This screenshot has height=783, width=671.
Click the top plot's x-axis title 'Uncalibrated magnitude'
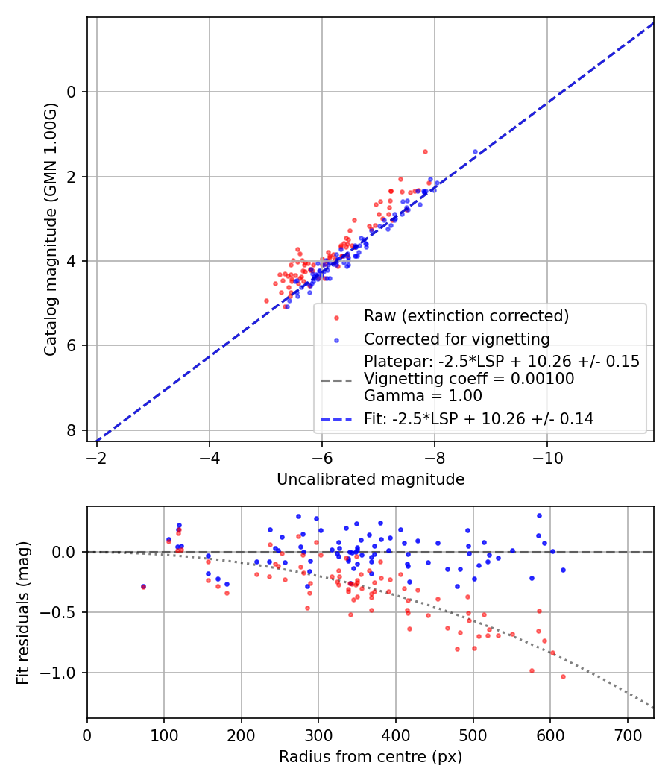point(371,479)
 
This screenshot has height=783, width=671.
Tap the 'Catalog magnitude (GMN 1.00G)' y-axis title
point(51,230)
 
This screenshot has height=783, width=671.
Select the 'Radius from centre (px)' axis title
point(371,757)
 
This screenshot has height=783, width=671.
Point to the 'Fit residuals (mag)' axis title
point(24,611)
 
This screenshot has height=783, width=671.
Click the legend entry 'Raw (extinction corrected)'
point(466,316)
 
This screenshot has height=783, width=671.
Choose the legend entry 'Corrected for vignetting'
point(456,339)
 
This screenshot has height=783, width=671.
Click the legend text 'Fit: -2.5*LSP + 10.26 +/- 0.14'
point(479,419)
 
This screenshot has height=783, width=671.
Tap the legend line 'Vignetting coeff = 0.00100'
point(468,379)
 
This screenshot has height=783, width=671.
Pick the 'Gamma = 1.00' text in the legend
point(423,396)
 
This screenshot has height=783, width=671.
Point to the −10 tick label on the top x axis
point(547,456)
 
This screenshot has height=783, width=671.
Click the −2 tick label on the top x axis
point(96,456)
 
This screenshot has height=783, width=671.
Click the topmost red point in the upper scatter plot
point(425,151)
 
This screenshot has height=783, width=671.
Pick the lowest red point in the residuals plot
point(563,676)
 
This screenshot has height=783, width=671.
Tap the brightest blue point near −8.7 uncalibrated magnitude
point(475,151)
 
